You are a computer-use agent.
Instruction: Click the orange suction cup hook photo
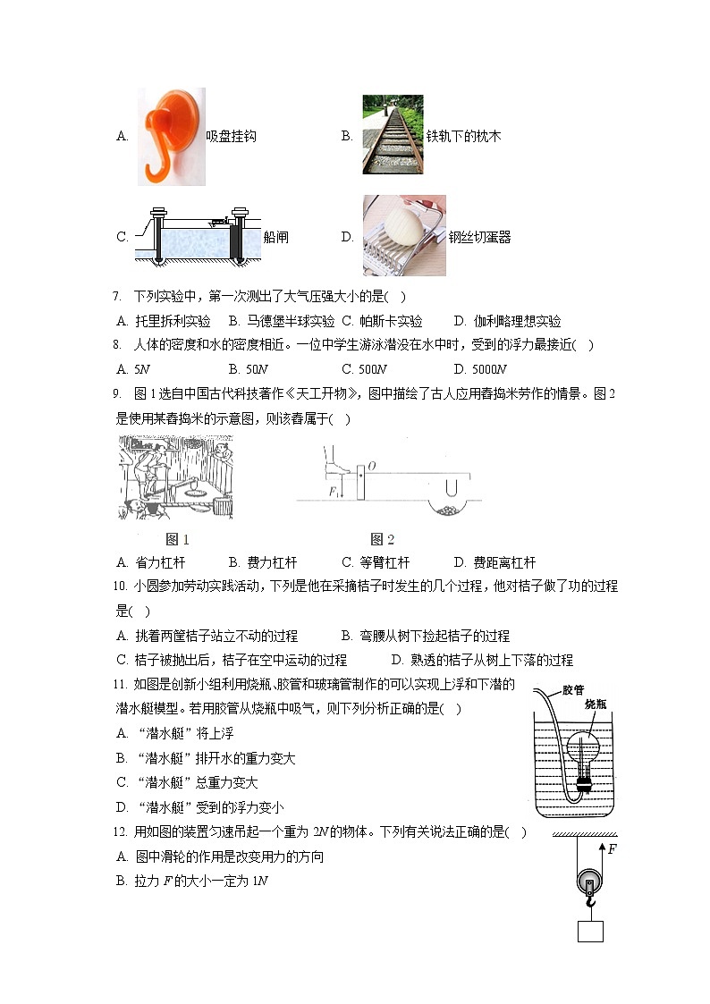171,136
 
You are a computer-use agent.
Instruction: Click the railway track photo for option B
393,134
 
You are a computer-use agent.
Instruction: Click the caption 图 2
382,539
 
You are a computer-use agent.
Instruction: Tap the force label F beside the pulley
612,849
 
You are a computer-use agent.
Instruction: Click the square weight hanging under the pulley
590,930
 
